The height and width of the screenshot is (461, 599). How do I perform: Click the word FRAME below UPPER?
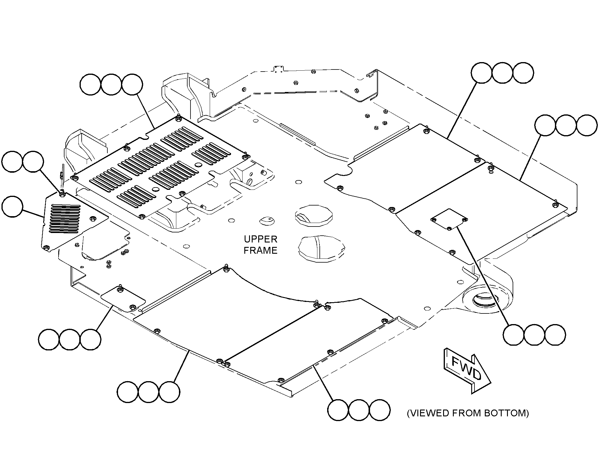point(260,250)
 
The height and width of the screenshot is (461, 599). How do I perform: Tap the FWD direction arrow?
point(467,371)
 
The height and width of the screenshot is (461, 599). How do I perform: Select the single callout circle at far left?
point(12,206)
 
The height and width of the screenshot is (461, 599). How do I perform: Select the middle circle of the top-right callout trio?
point(502,73)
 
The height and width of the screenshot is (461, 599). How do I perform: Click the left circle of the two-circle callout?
point(12,162)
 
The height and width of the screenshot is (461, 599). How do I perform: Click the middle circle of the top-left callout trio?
point(111,85)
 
